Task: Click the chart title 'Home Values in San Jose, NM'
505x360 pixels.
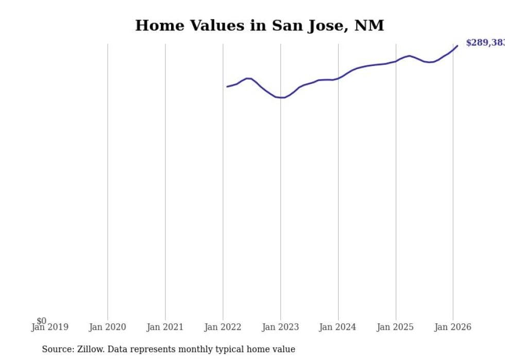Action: click(259, 25)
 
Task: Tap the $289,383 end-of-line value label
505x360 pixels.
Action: click(485, 43)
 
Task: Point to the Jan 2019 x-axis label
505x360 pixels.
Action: click(49, 327)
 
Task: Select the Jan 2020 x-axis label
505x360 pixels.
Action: click(107, 327)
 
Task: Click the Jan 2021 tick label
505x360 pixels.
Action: click(165, 327)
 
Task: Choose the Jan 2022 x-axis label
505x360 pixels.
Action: click(223, 327)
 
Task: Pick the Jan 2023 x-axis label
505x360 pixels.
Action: click(280, 327)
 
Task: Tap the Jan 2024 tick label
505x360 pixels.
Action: click(338, 327)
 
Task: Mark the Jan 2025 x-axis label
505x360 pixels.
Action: click(395, 327)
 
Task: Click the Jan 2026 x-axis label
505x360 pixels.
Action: click(453, 327)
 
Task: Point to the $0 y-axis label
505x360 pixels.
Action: click(41, 321)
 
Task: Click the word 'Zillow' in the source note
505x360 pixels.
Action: click(89, 349)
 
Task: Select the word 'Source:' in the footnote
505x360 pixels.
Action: click(58, 349)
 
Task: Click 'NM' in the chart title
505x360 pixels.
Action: click(369, 25)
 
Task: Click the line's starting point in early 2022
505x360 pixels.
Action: click(227, 87)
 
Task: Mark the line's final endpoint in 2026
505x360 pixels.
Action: click(457, 46)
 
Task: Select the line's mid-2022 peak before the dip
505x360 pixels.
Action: click(248, 78)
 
